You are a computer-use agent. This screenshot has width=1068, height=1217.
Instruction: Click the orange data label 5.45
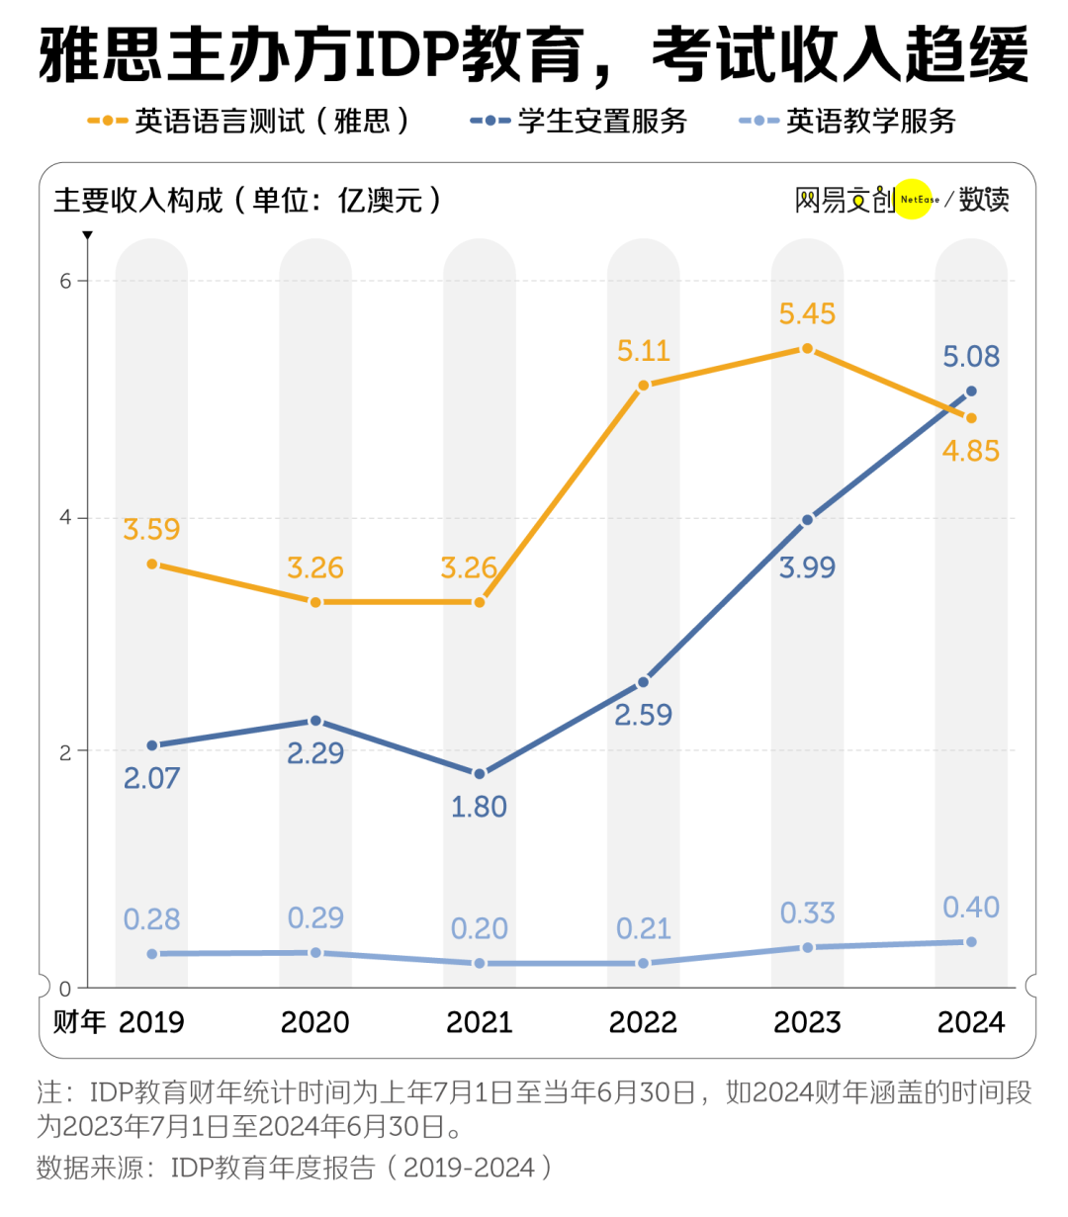tap(807, 313)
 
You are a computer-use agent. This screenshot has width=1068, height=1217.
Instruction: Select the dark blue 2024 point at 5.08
tap(971, 391)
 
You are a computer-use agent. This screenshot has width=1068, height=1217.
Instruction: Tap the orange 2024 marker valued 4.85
tap(971, 418)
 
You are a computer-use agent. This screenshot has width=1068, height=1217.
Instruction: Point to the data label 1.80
tap(479, 807)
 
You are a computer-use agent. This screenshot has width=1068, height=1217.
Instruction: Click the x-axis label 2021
tap(479, 1022)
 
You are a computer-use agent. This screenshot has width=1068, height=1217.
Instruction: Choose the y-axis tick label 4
tap(65, 518)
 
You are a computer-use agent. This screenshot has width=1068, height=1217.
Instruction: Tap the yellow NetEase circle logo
tap(915, 199)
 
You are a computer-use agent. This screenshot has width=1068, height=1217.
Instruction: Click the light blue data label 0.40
tap(971, 907)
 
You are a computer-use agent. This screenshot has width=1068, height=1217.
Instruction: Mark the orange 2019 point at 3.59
tap(151, 564)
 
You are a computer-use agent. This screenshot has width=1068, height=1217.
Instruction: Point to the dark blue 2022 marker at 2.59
tap(643, 682)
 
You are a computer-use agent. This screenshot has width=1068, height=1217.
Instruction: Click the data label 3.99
tap(807, 567)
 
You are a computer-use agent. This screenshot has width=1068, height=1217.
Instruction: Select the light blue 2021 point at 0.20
tap(479, 963)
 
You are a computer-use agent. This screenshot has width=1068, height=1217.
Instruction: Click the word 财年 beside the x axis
tap(79, 1021)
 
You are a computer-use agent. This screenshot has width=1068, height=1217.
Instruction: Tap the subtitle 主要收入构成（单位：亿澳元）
tap(247, 200)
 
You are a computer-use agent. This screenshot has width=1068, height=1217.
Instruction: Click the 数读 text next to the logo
tap(984, 199)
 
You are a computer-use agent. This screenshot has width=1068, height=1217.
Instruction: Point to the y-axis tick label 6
tap(65, 281)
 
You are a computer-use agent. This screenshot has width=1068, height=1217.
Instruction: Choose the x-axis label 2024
tap(971, 1022)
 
